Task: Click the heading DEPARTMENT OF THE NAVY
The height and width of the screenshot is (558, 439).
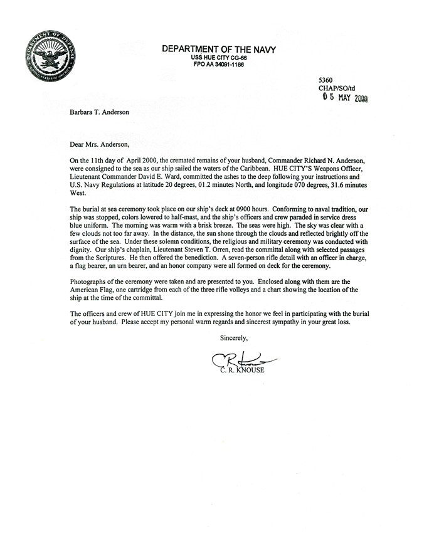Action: pyautogui.click(x=218, y=49)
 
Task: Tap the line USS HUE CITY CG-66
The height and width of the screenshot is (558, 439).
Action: pyautogui.click(x=218, y=58)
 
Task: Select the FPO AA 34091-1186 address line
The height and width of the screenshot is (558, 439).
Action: pyautogui.click(x=218, y=65)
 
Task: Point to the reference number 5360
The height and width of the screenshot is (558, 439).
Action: pyautogui.click(x=325, y=81)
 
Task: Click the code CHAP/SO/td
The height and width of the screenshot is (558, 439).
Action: pyautogui.click(x=337, y=89)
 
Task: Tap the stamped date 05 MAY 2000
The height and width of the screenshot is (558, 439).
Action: pyautogui.click(x=344, y=98)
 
